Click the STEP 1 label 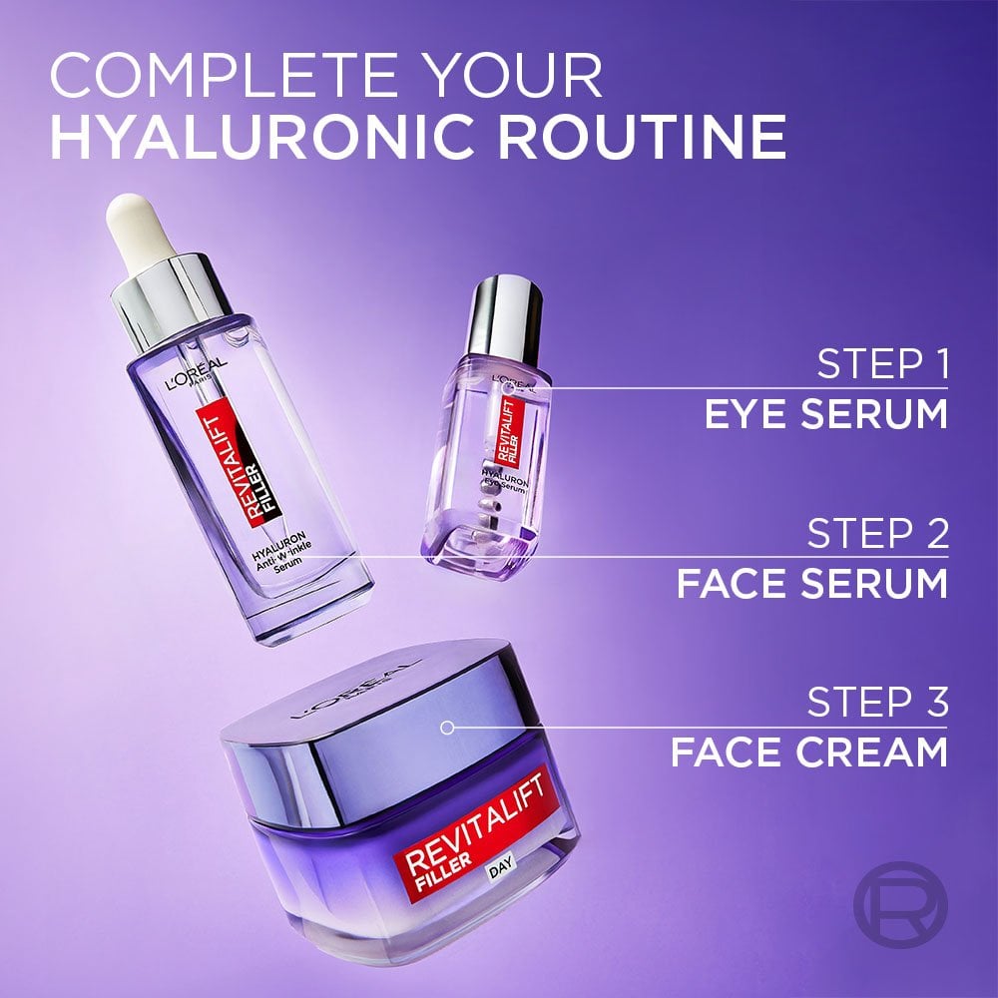(881, 364)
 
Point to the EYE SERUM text (825, 414)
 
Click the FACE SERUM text (811, 583)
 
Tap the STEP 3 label (877, 702)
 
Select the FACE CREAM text (808, 751)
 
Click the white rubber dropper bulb (134, 225)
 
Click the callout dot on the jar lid (447, 728)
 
